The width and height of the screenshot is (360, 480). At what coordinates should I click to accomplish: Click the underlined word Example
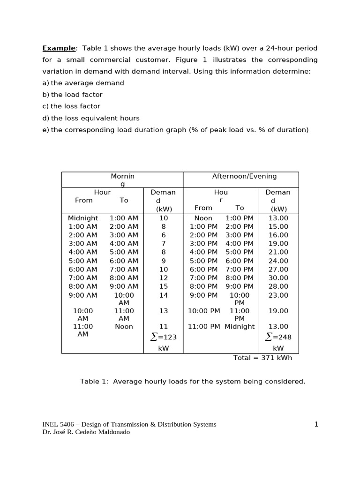59,48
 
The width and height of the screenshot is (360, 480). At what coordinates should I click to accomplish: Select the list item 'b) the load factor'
72,95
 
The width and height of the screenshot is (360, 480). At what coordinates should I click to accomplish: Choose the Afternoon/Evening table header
244,176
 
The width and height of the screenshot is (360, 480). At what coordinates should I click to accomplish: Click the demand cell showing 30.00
278,278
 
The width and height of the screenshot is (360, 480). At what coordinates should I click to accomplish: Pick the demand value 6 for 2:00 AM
164,235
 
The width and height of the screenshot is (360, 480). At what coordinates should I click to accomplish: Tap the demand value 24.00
278,261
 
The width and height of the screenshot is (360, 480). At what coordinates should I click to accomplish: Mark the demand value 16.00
278,235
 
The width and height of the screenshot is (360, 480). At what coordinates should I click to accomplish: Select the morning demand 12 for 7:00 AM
164,278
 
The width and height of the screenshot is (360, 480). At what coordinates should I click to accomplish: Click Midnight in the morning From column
83,218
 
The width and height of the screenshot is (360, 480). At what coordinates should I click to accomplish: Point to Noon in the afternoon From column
203,218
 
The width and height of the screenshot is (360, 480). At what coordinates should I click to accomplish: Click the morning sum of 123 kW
164,337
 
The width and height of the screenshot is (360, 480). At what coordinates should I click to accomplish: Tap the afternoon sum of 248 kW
278,337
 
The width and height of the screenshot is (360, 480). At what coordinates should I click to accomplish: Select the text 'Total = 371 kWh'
262,358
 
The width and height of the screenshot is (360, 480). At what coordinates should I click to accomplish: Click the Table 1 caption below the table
193,382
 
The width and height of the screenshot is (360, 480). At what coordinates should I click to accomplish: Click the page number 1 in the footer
316,425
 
